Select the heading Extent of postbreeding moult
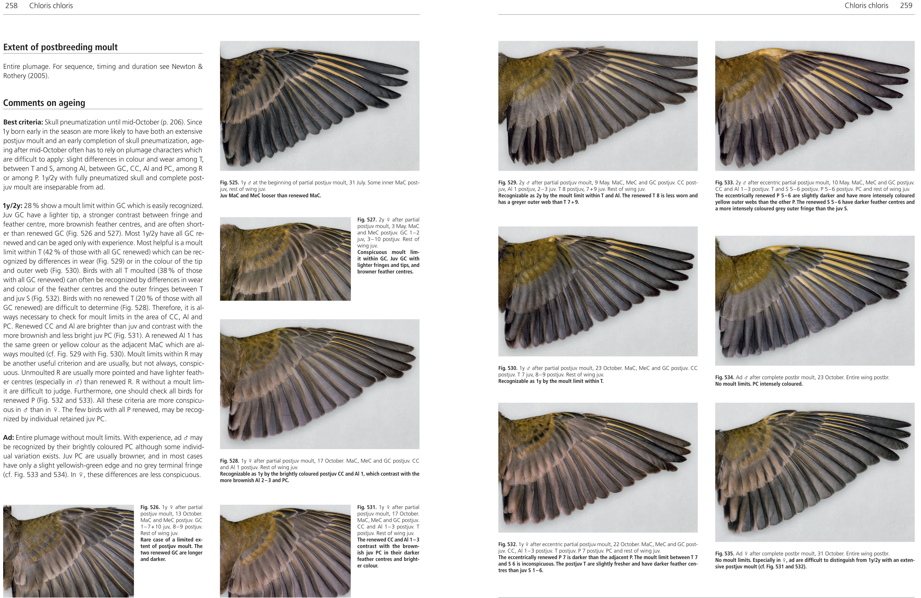(60, 47)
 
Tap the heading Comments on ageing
(44, 103)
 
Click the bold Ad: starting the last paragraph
(9, 438)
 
